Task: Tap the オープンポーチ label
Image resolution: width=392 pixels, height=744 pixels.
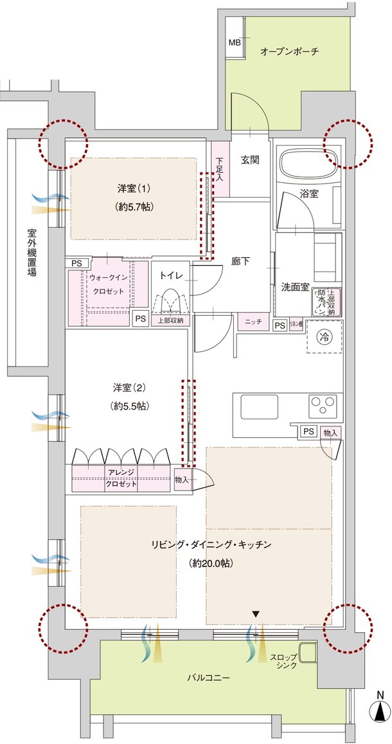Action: pyautogui.click(x=289, y=51)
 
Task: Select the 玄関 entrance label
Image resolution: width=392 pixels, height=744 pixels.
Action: pyautogui.click(x=250, y=159)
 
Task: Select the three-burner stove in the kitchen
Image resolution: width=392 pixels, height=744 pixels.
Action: pyautogui.click(x=323, y=405)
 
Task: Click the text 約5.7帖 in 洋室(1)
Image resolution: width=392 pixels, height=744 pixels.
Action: pyautogui.click(x=133, y=207)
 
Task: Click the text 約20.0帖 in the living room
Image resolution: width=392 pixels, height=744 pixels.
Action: pyautogui.click(x=211, y=563)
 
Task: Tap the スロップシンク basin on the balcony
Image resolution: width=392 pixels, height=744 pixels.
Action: pyautogui.click(x=307, y=652)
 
